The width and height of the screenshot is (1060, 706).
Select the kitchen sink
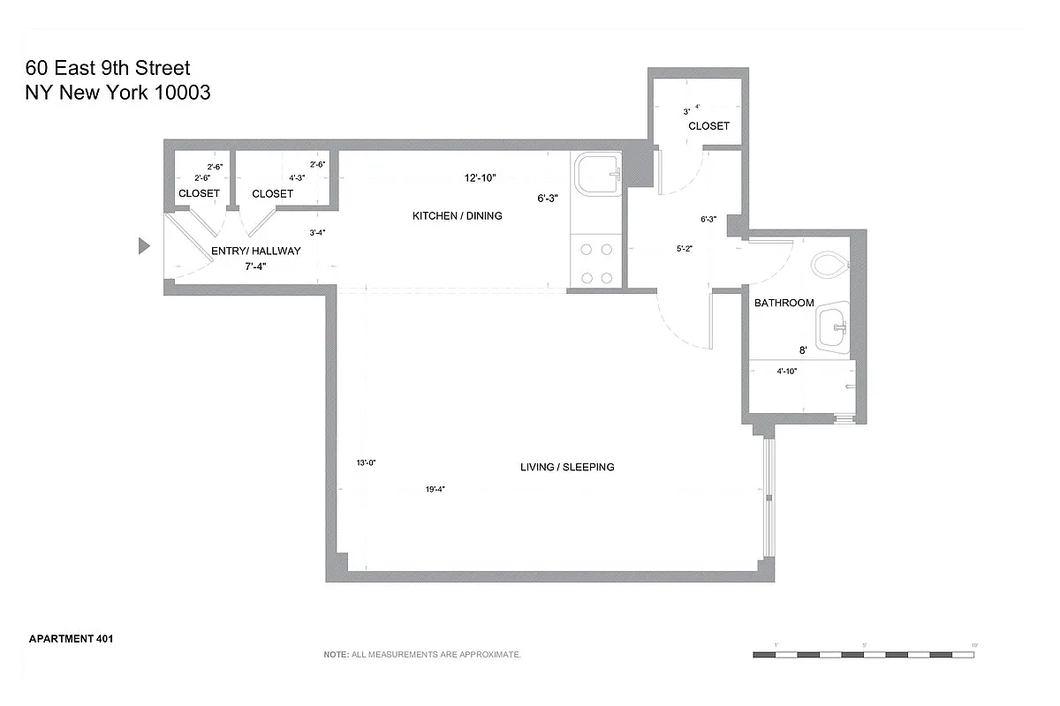click(x=596, y=175)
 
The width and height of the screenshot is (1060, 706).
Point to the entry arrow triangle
click(x=145, y=246)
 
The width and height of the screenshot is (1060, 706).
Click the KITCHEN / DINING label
click(x=458, y=216)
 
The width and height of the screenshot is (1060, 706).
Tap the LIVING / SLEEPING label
click(x=567, y=467)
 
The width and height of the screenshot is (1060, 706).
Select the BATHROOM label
click(x=784, y=303)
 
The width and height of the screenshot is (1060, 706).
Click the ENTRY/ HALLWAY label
click(x=256, y=251)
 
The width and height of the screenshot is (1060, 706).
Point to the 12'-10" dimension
click(x=481, y=177)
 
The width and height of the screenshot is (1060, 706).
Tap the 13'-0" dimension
click(x=367, y=462)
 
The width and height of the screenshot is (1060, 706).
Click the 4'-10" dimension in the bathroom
click(x=787, y=372)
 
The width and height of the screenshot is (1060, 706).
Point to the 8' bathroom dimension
click(x=802, y=350)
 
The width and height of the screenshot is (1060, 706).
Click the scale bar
click(x=864, y=655)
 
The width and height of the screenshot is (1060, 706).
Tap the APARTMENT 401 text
click(x=72, y=638)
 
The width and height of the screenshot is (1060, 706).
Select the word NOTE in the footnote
click(x=336, y=655)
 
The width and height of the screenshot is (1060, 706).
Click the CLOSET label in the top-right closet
click(x=708, y=126)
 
